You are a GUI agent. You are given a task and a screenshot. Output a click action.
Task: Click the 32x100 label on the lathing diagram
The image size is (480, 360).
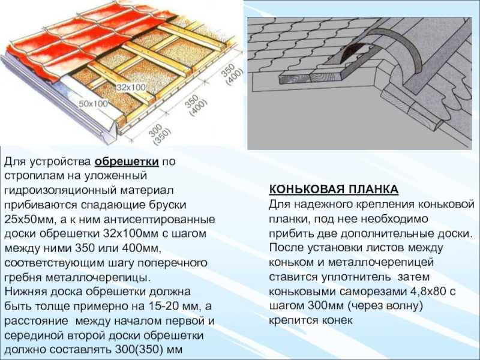point(131,87)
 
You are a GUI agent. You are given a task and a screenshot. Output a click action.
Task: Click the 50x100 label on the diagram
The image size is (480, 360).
point(93,103)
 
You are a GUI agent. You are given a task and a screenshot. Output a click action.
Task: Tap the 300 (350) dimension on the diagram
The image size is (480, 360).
point(159,134)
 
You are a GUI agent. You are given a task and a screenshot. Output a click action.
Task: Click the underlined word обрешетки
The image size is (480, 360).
point(127,161)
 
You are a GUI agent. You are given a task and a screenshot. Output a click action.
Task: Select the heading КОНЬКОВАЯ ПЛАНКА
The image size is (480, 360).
point(334,189)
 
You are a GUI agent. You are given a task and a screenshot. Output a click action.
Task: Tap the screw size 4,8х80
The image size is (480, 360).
point(428,291)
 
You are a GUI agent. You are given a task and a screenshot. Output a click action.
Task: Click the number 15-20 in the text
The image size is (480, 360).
point(164,306)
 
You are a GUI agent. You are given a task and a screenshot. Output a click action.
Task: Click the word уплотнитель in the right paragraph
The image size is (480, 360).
point(356,277)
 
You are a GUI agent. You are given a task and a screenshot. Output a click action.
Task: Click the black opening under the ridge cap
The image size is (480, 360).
point(353,53)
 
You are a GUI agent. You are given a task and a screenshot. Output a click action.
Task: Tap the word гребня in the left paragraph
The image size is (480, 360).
point(23,278)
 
